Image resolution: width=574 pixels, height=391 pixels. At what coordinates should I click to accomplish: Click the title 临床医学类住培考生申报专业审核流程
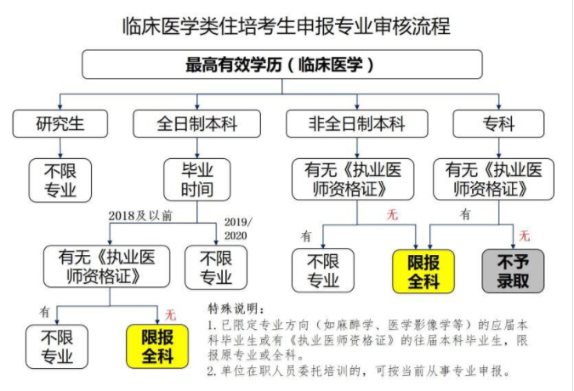[287, 25]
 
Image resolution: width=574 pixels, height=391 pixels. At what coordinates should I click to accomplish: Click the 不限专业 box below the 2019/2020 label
[216, 267]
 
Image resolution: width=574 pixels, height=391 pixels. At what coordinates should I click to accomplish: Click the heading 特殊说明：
[236, 309]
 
